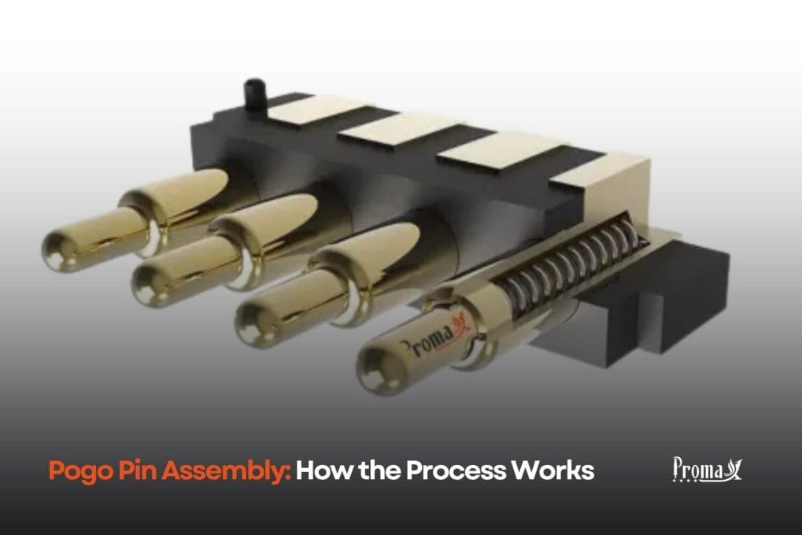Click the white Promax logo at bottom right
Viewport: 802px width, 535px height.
[707, 470]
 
